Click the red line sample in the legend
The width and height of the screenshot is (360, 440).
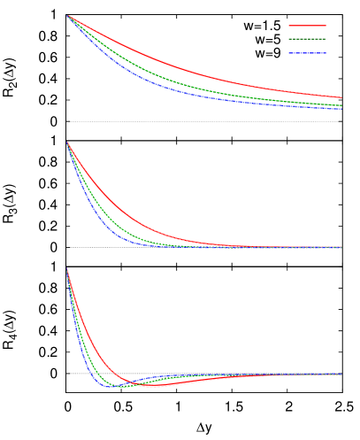(307, 26)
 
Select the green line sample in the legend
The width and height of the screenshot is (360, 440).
(307, 39)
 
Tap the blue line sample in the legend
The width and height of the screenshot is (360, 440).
(307, 53)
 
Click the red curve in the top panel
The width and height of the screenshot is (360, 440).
(177, 65)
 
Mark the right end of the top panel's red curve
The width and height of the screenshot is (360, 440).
(341, 97)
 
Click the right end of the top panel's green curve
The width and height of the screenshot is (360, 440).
(341, 105)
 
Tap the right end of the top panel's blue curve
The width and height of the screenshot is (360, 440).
(341, 109)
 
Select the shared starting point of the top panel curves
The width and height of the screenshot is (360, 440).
(67, 16)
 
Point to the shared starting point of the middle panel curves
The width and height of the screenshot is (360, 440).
(67, 143)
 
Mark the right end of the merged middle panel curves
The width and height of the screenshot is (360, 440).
(341, 247)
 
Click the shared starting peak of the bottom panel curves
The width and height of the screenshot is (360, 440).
(67, 269)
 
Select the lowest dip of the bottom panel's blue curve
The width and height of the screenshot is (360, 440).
(111, 387)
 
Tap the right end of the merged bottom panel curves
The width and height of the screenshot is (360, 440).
(341, 374)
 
